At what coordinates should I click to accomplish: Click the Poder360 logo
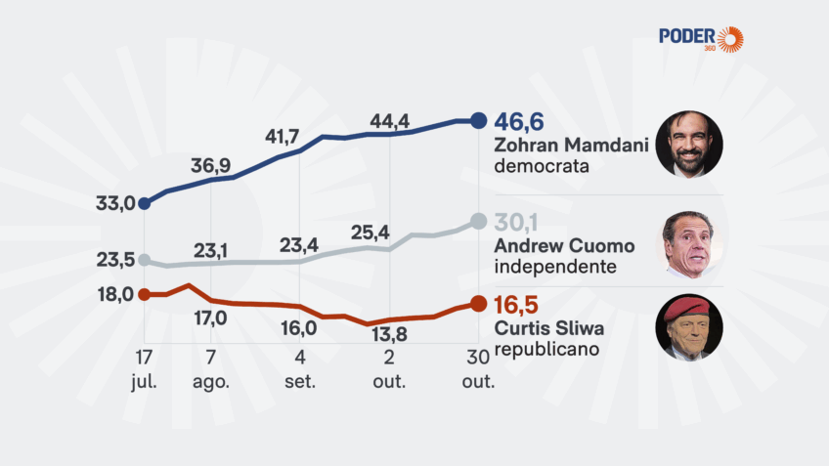[x=700, y=38]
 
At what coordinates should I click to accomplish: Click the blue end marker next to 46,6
[x=477, y=120]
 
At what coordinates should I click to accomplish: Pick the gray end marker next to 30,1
[x=477, y=222]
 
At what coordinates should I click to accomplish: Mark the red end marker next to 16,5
[x=477, y=303]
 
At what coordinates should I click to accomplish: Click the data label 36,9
[x=210, y=165]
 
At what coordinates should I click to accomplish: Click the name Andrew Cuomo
[x=564, y=245]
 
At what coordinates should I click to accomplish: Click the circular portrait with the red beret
[x=688, y=327]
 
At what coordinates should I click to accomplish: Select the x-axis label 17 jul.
[x=144, y=368]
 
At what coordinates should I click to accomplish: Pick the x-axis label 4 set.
[x=299, y=368]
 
